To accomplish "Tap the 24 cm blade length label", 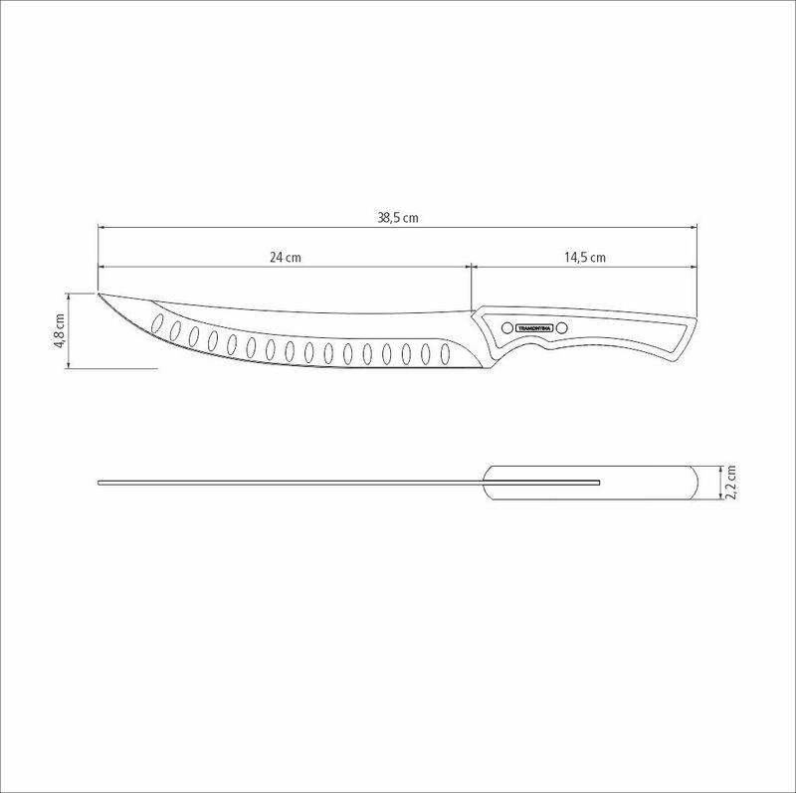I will point(286,257).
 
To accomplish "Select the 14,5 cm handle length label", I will point(585,257).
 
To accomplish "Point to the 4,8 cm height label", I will point(60,330).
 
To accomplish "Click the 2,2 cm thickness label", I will point(731,483).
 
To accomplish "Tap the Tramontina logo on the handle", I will point(533,327).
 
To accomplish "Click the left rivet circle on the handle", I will point(505,327).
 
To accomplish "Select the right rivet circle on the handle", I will point(561,327).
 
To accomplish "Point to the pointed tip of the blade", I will point(99,294).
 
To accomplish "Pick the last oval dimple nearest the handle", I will point(444,353).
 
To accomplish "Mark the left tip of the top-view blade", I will point(99,483).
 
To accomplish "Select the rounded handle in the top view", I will point(597,483).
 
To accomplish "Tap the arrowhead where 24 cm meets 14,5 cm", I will point(470,267).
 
